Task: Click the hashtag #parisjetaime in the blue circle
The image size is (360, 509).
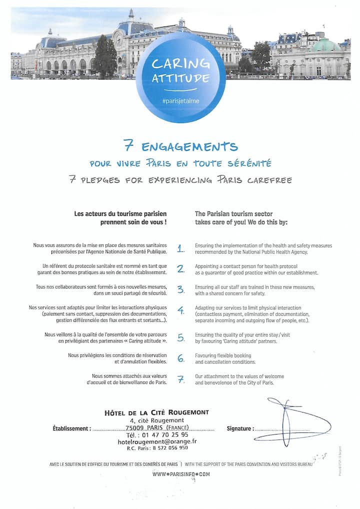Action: click(x=180, y=101)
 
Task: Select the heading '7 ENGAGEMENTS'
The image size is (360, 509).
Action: click(x=180, y=146)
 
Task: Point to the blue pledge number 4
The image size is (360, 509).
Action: click(x=180, y=310)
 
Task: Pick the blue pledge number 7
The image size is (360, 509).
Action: click(x=180, y=379)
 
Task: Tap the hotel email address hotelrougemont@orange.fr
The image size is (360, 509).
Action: click(x=157, y=441)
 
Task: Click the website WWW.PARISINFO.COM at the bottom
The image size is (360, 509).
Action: click(x=181, y=473)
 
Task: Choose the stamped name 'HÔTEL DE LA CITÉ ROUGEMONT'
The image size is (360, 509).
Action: click(x=156, y=412)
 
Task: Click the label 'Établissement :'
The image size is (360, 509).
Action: click(x=72, y=428)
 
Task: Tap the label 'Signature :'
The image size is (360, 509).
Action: click(x=240, y=428)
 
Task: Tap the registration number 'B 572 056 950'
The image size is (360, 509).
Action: click(x=167, y=448)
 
